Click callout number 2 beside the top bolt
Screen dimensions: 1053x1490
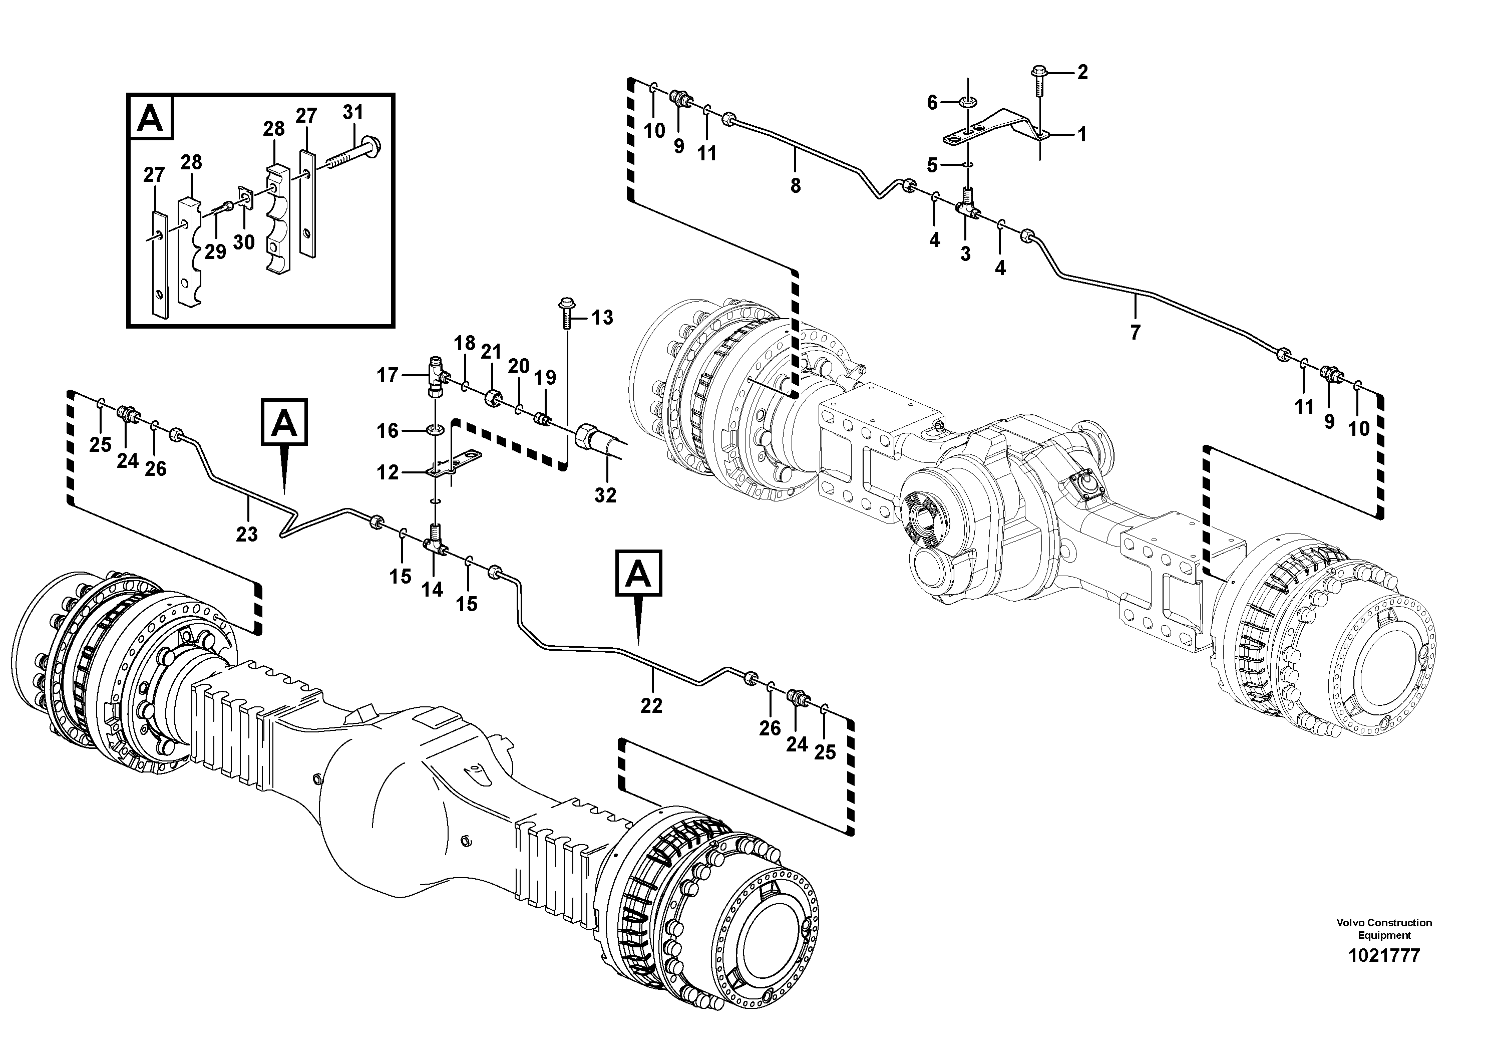pyautogui.click(x=1082, y=73)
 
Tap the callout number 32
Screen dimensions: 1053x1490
pyautogui.click(x=605, y=495)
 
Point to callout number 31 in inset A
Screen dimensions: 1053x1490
pyautogui.click(x=353, y=112)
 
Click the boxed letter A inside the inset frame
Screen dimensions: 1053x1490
pyautogui.click(x=151, y=118)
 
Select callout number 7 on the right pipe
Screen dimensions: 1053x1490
pyautogui.click(x=1135, y=333)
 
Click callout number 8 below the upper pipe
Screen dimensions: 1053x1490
pyautogui.click(x=796, y=186)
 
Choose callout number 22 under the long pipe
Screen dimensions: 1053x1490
pyautogui.click(x=651, y=706)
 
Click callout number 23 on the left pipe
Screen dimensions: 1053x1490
pyautogui.click(x=247, y=535)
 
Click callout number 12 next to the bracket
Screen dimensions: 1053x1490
pyautogui.click(x=388, y=472)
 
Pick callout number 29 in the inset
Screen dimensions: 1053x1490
pyautogui.click(x=215, y=252)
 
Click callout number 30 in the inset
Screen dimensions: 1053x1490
pyautogui.click(x=244, y=242)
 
